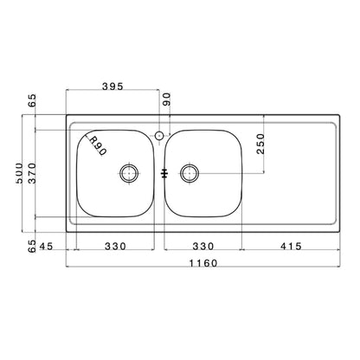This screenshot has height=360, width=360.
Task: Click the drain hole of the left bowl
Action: tap(129, 172)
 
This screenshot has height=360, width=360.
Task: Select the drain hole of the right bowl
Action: tap(190, 173)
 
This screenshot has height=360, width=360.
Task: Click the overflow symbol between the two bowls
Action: tap(163, 172)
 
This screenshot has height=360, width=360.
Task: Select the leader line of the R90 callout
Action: tap(84, 137)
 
